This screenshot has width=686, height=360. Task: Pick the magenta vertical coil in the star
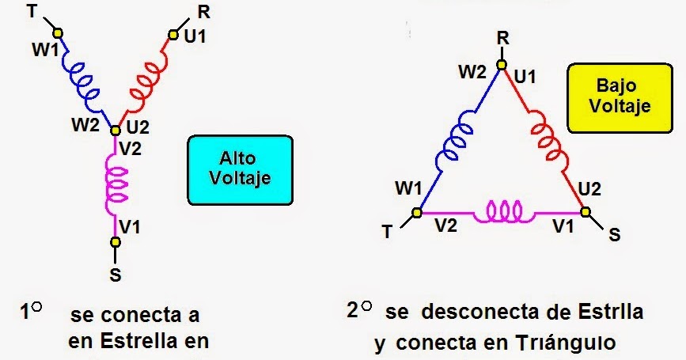[x=115, y=185]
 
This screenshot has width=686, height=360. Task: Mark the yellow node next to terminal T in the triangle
[x=417, y=213]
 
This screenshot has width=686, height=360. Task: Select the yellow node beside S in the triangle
[x=586, y=212]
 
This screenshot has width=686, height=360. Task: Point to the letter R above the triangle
[x=502, y=38]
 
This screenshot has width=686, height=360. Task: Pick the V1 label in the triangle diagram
[x=563, y=226]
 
